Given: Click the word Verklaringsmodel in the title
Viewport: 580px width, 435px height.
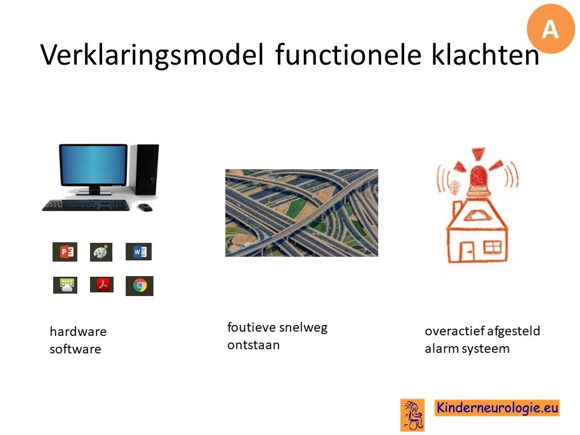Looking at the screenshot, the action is (x=152, y=55).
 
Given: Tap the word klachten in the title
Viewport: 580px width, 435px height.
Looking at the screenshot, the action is (x=485, y=54).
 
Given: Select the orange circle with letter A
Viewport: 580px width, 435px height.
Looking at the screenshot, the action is (x=551, y=29).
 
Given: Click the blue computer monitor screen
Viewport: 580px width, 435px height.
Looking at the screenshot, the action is (x=93, y=164).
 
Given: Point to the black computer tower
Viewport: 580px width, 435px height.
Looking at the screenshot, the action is (x=145, y=169).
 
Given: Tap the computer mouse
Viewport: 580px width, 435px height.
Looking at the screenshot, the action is (x=145, y=207).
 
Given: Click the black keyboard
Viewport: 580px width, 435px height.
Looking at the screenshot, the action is (x=85, y=205).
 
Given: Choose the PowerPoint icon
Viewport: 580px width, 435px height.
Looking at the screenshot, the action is (x=65, y=252).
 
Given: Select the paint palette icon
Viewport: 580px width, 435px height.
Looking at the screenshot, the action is (x=101, y=253).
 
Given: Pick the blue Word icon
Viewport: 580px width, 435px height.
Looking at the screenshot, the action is (x=139, y=251).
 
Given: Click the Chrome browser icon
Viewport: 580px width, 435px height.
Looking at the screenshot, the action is (x=140, y=286).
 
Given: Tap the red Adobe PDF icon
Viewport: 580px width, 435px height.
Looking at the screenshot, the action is (x=101, y=285).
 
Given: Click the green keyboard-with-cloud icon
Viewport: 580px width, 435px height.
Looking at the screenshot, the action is (x=65, y=285).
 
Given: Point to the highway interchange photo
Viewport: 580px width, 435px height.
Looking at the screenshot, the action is (x=302, y=213).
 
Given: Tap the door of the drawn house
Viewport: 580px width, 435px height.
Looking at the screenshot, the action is (x=467, y=252).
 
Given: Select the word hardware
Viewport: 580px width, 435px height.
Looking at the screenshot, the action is (x=78, y=332).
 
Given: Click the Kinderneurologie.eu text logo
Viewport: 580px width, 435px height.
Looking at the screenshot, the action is (x=497, y=408).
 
